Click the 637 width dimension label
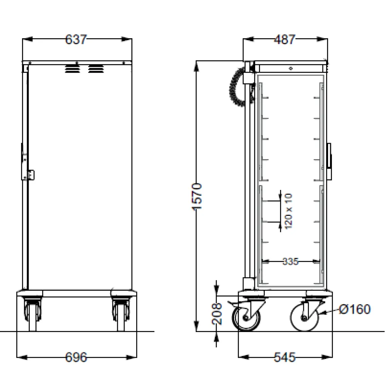pyautogui.click(x=76, y=39)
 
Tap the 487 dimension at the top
pyautogui.click(x=284, y=39)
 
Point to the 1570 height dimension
pyautogui.click(x=197, y=197)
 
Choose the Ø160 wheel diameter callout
pyautogui.click(x=355, y=309)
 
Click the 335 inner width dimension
pyautogui.click(x=290, y=262)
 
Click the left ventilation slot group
pyautogui.click(x=71, y=69)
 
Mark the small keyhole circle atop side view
pyautogui.click(x=291, y=68)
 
